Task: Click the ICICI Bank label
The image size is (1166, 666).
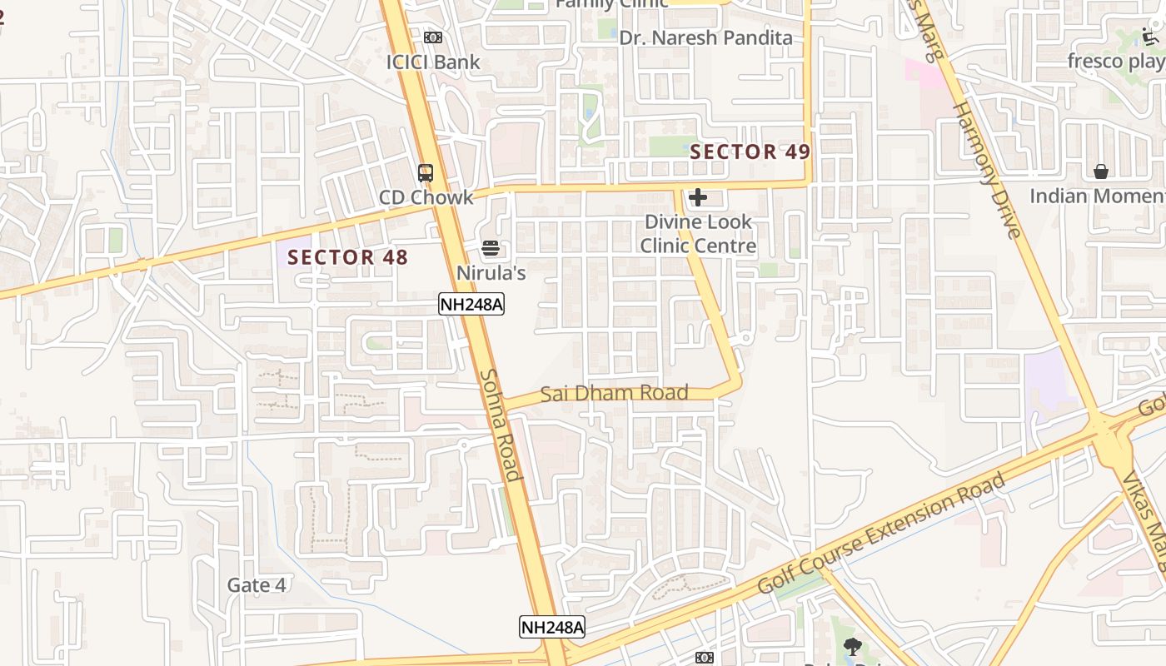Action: pyautogui.click(x=433, y=62)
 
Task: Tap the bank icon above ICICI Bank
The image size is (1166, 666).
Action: pyautogui.click(x=432, y=37)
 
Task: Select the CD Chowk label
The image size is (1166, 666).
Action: pyautogui.click(x=426, y=197)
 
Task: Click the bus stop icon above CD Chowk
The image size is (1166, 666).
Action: pyautogui.click(x=426, y=173)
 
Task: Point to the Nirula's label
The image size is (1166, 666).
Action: pyautogui.click(x=491, y=272)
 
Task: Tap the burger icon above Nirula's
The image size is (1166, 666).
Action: pyautogui.click(x=491, y=248)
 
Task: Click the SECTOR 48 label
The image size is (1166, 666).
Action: pyautogui.click(x=348, y=257)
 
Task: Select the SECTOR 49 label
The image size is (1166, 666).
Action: pyautogui.click(x=750, y=152)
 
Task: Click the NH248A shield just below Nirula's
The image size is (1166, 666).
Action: pyautogui.click(x=471, y=304)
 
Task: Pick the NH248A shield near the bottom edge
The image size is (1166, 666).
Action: pyautogui.click(x=552, y=627)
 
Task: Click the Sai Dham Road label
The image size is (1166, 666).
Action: pyautogui.click(x=615, y=393)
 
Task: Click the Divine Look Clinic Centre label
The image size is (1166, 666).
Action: pyautogui.click(x=698, y=234)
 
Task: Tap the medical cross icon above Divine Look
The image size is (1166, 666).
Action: pyautogui.click(x=698, y=197)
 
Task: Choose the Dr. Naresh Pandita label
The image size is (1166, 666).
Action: pyautogui.click(x=705, y=37)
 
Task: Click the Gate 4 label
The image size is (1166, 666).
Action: pyautogui.click(x=257, y=585)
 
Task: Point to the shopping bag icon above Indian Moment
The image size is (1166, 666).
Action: pyautogui.click(x=1101, y=171)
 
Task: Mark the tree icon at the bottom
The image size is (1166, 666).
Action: pyautogui.click(x=852, y=646)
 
